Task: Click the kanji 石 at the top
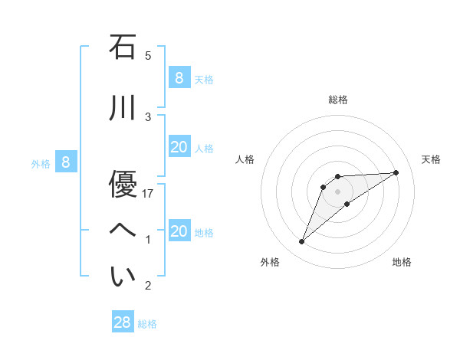tap(123, 47)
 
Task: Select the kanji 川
tap(123, 108)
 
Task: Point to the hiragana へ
tap(123, 229)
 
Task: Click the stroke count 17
tap(149, 194)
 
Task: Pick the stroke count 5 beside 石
tap(148, 56)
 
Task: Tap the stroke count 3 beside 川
tap(148, 117)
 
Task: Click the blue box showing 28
tap(123, 322)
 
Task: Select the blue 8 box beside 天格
tap(179, 77)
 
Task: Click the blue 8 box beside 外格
tap(66, 162)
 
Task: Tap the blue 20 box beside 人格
tap(179, 147)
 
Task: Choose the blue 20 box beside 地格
tap(179, 231)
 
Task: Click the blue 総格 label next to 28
tap(147, 324)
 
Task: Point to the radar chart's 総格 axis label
tap(338, 100)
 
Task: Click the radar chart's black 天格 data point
tap(396, 172)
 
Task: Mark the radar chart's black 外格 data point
tap(302, 242)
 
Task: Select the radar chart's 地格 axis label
tap(402, 262)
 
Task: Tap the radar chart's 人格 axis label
tap(245, 159)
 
